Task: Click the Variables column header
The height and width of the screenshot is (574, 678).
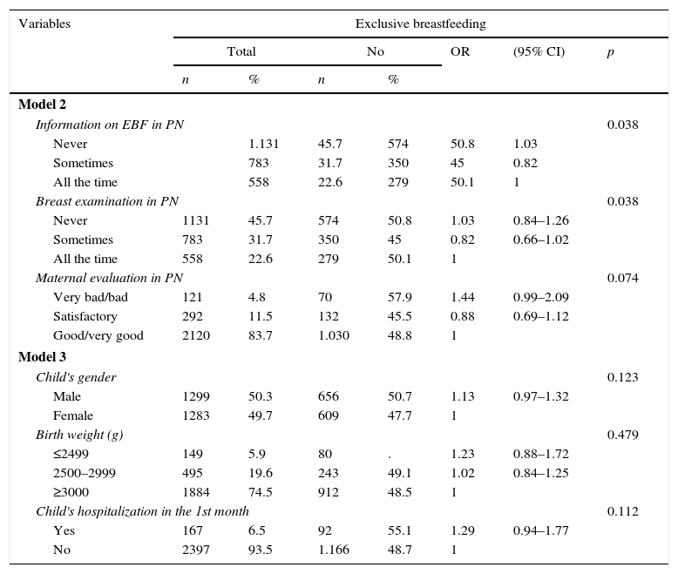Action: coord(44,24)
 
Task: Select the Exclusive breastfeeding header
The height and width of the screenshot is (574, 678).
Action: coord(420,24)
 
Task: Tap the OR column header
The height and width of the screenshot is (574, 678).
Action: coord(460,51)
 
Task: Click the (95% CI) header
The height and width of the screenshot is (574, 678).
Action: coord(539,51)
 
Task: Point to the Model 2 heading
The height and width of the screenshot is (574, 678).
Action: coord(42,105)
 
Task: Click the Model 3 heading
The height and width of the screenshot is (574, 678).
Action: coord(42,357)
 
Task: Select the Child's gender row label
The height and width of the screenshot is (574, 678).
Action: coord(76,377)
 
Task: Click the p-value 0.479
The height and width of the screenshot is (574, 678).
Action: coord(622,435)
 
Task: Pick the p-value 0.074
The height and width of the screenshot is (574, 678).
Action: coord(622,278)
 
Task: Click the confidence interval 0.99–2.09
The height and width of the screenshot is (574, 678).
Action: coord(540,297)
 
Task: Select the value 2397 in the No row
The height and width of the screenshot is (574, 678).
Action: coord(196,550)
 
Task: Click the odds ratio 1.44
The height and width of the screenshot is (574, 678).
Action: coord(463,297)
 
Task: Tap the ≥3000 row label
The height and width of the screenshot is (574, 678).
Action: coord(71,492)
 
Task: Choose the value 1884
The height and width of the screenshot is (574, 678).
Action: coord(196,492)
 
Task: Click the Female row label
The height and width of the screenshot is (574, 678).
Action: coord(73,415)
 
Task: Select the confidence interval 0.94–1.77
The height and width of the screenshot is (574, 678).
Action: coord(540,530)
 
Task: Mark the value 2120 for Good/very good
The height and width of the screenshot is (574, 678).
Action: coord(196,335)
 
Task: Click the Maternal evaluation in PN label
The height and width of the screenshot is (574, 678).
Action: coord(109,278)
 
